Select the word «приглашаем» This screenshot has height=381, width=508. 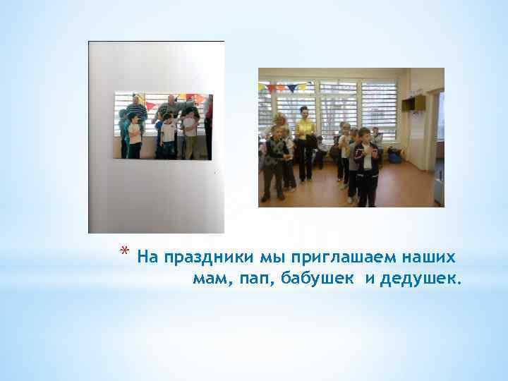323,255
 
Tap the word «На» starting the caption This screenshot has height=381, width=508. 149,255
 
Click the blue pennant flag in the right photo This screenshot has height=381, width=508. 291,88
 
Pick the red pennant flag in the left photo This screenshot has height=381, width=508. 150,105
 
